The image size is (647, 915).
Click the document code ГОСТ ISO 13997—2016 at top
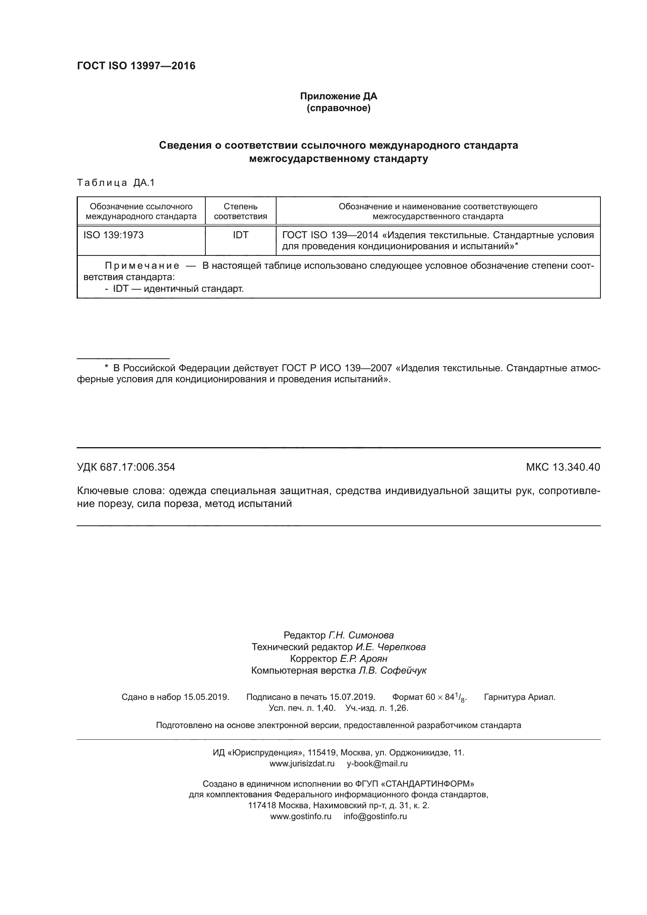click(x=136, y=66)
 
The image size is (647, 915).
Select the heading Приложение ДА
click(x=338, y=96)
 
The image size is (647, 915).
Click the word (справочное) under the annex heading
click(x=338, y=108)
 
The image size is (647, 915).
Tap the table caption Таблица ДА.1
click(x=115, y=183)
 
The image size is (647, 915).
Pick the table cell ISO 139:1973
click(x=113, y=235)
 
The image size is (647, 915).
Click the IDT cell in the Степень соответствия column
click(x=240, y=235)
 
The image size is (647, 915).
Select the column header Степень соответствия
click(x=240, y=211)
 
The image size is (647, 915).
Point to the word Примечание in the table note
click(x=142, y=266)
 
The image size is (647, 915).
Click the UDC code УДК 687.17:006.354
click(x=126, y=467)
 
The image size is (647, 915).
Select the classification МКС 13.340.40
click(x=563, y=467)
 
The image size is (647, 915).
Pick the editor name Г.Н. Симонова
click(x=361, y=635)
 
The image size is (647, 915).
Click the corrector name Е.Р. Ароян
click(x=363, y=659)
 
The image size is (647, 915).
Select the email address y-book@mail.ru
click(x=377, y=764)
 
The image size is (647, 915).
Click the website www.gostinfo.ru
click(x=301, y=816)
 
